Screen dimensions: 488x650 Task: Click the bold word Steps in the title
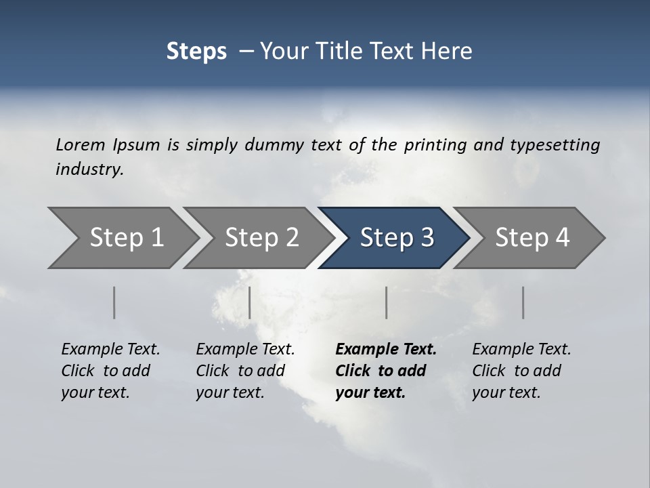point(196,52)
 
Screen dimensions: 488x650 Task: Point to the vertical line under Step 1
point(114,302)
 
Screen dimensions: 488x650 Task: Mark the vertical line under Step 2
point(250,302)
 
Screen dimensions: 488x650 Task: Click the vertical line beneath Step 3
point(387,302)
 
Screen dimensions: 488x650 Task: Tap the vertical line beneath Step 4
point(523,302)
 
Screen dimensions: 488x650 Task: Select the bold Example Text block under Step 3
point(385,371)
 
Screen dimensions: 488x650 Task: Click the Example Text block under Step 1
point(110,371)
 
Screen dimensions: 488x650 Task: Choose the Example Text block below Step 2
point(245,371)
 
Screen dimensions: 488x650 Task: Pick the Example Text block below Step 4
point(521,371)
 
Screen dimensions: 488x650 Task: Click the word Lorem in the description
point(81,145)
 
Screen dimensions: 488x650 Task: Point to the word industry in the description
point(89,169)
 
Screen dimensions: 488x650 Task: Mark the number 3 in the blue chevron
point(426,238)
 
